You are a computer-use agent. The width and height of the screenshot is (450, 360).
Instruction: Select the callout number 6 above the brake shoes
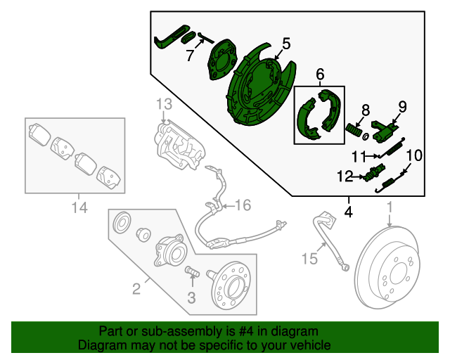(320, 74)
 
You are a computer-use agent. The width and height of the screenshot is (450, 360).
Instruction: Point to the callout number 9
(402, 106)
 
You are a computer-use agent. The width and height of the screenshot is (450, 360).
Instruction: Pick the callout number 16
(242, 205)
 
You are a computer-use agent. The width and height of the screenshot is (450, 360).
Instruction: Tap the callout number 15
(310, 259)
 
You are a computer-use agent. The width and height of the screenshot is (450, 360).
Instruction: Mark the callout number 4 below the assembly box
(349, 210)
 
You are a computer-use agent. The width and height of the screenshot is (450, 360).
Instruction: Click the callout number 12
(346, 176)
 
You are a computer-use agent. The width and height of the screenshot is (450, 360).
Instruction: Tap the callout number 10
(414, 155)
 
